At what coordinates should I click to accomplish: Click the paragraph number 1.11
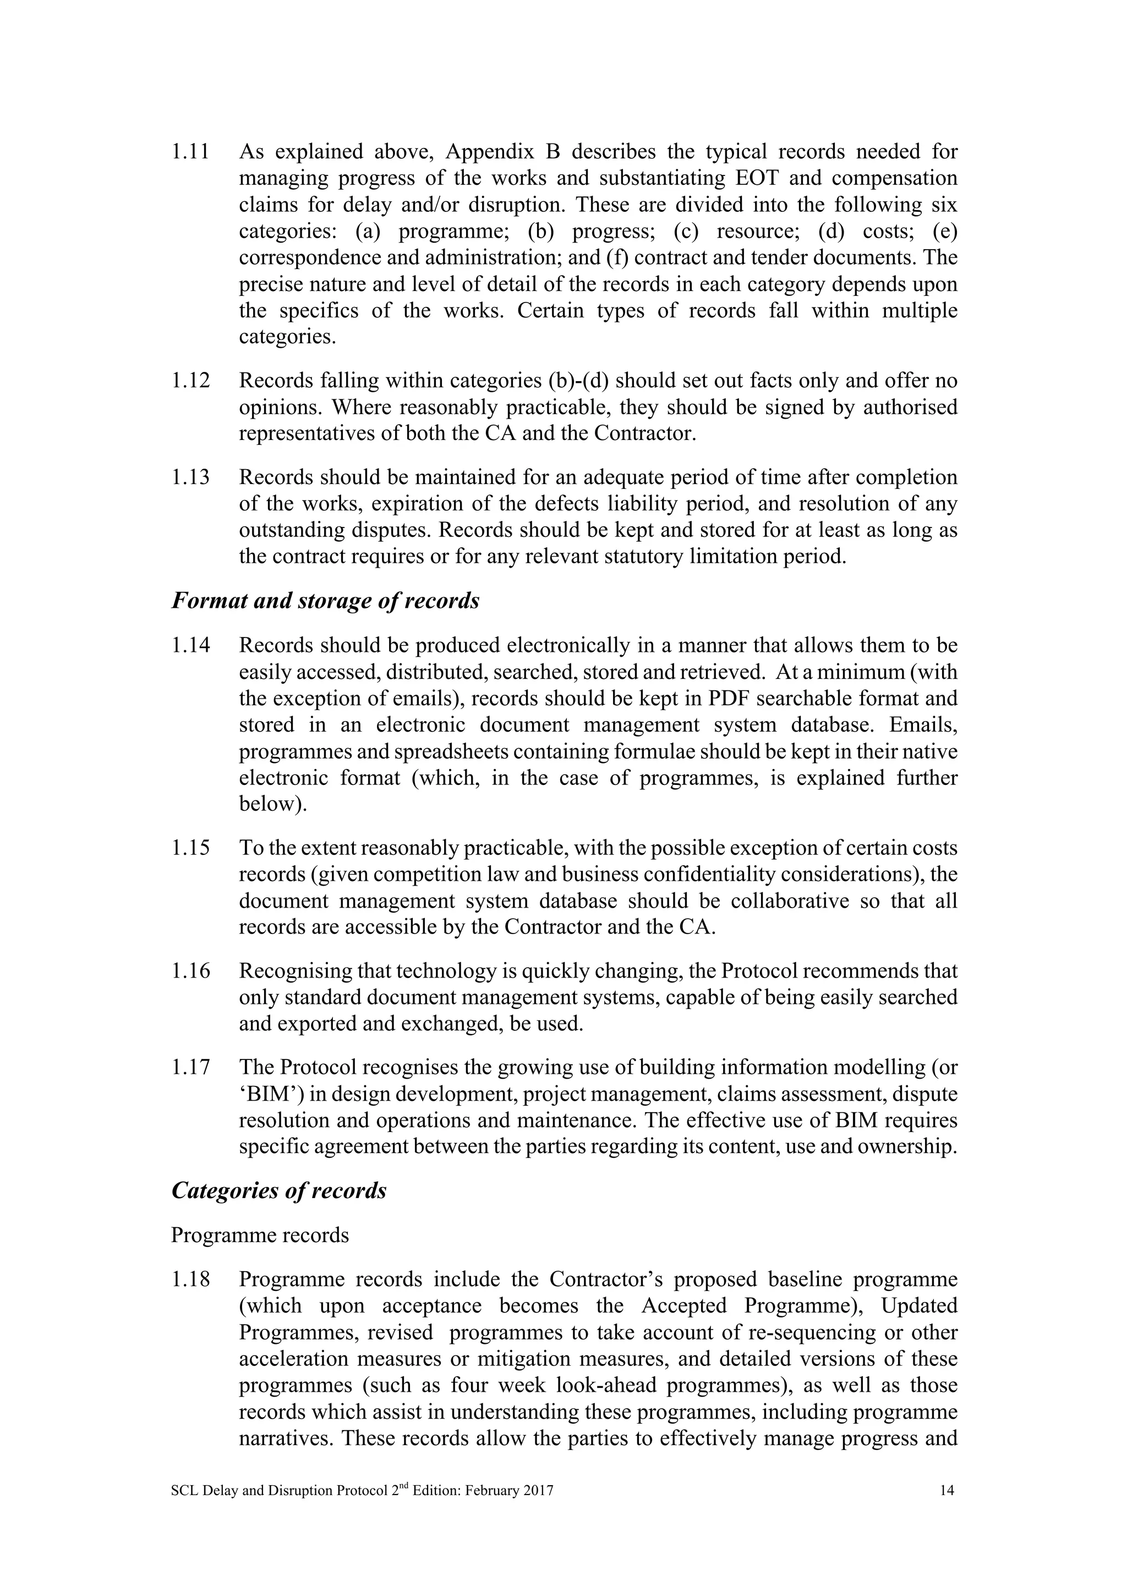pos(190,151)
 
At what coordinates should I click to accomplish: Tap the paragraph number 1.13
pos(190,477)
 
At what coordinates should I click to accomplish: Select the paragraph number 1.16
pos(190,971)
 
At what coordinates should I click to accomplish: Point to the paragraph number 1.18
pos(190,1279)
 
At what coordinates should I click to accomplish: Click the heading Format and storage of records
pos(325,601)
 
